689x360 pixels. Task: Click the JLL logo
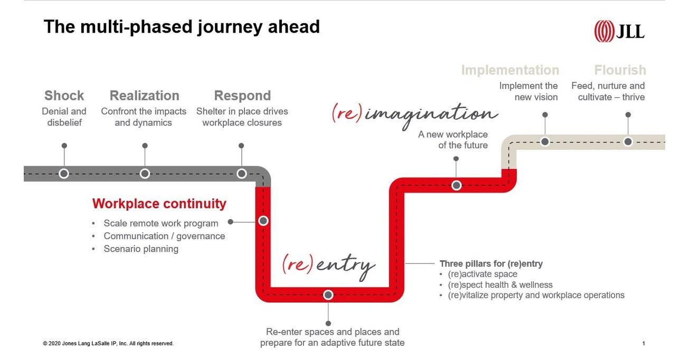619,31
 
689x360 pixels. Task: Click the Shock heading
64,96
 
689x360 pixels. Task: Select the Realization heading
144,96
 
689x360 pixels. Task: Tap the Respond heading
242,96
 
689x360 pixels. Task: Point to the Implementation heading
509,70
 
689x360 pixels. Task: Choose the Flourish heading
620,70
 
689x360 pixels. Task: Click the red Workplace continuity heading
159,204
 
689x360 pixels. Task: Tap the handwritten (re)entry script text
328,264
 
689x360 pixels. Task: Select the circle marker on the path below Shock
64,173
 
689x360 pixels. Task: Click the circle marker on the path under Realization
145,173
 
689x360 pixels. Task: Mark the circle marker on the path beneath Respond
242,173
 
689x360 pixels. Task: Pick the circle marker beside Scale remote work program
263,221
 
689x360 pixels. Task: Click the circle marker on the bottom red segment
328,295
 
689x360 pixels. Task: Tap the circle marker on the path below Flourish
628,141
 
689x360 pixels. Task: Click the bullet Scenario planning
140,249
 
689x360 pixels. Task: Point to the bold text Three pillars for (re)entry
491,263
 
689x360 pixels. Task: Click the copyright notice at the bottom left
108,344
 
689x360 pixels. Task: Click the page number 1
644,344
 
